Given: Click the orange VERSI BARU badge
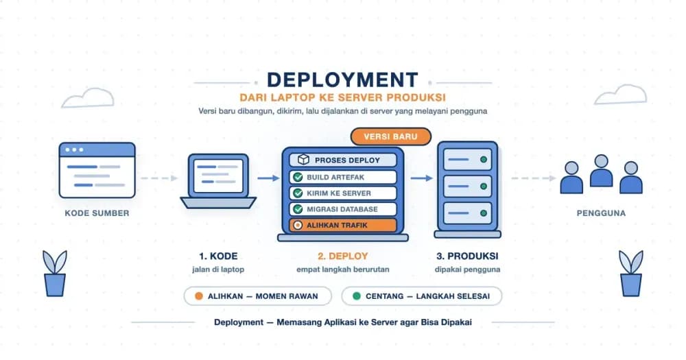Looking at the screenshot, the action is point(391,136).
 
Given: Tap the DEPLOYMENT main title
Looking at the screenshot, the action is point(342,80).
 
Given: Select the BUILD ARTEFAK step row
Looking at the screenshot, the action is point(343,177).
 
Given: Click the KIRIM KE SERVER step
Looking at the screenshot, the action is point(343,193).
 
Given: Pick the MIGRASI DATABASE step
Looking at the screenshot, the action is point(343,209).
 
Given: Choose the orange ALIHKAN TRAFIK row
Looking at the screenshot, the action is point(343,226).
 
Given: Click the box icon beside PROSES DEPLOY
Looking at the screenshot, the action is point(303,160).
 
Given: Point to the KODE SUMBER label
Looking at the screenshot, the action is point(97,213).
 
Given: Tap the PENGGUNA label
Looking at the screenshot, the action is point(601,213).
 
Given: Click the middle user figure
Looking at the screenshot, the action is point(601,171).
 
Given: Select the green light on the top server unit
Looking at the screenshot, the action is point(484,160).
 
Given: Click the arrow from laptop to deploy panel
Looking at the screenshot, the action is point(268,178).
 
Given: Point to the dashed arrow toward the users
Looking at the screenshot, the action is point(534,178).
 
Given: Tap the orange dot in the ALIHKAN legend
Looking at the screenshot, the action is point(199,296).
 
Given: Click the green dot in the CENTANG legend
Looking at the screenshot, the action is point(357,296).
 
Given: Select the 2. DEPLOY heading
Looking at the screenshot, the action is point(343,256).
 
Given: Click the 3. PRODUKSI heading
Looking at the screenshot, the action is point(467,256).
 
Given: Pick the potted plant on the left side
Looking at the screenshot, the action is point(55,274).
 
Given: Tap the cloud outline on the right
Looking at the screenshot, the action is point(620,95).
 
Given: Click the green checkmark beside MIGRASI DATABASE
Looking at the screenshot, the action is point(298,209).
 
